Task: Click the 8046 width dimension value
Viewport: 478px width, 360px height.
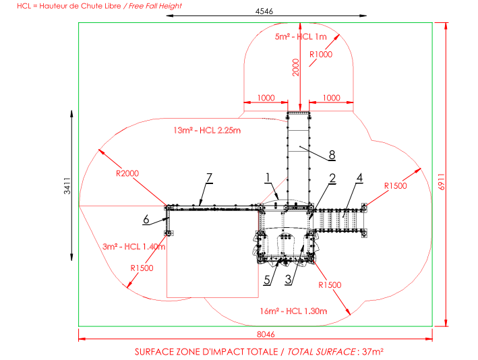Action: [x=266, y=334]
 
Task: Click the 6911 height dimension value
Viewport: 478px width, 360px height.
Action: [x=442, y=182]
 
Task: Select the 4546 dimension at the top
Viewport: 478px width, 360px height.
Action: [x=264, y=11]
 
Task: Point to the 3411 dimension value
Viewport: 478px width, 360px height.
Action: [x=67, y=186]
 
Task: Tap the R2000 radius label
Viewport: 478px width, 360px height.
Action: [x=127, y=173]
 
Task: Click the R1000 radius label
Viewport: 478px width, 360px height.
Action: [x=321, y=55]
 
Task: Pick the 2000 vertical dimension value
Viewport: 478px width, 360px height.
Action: [x=296, y=67]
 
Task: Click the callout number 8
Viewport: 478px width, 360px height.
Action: [x=332, y=155]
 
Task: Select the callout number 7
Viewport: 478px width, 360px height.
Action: [x=209, y=178]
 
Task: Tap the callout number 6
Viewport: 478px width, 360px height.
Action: [x=146, y=220]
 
